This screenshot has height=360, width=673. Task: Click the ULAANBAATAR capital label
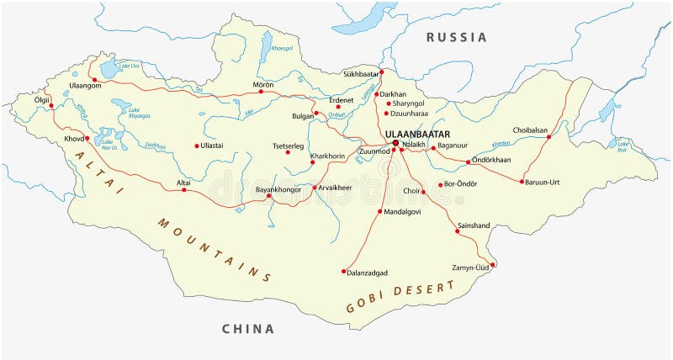[417, 134]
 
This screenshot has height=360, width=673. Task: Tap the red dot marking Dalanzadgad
[344, 271]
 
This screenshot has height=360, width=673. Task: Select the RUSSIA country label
[456, 37]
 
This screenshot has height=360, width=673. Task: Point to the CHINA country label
[248, 329]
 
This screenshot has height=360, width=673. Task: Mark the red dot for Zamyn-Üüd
[493, 266]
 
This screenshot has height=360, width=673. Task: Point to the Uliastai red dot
[197, 146]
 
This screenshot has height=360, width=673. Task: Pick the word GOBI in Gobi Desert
[364, 304]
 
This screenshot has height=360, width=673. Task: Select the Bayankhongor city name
[278, 190]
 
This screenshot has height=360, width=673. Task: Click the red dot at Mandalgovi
[380, 211]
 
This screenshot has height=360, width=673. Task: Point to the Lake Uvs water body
[109, 67]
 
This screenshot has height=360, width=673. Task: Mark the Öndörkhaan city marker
[466, 161]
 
